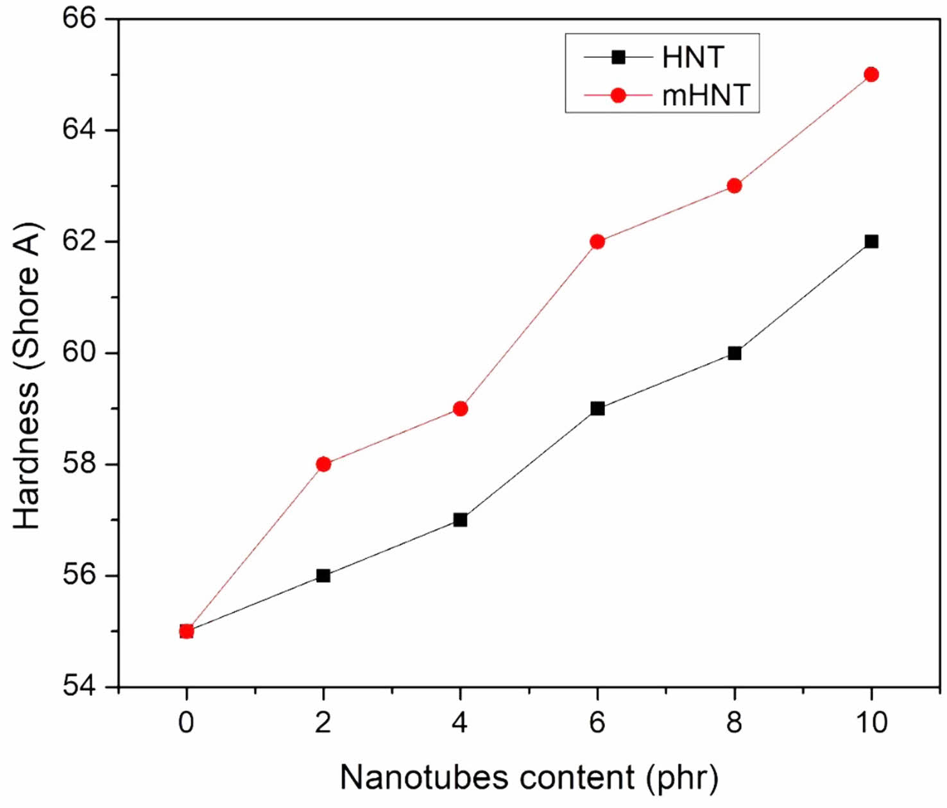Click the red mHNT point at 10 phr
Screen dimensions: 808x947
point(871,74)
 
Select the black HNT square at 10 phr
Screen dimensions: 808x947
point(871,242)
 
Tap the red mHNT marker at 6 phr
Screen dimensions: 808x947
point(597,242)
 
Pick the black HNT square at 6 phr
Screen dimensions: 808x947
point(597,408)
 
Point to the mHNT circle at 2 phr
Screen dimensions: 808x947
point(323,464)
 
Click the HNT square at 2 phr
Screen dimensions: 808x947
point(323,576)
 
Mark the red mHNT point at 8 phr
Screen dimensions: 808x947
point(735,186)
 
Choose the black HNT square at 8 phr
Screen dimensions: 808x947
point(735,353)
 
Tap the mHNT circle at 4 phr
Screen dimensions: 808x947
point(460,408)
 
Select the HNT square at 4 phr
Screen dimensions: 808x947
point(460,520)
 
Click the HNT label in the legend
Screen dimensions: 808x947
point(693,58)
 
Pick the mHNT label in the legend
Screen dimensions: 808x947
point(706,96)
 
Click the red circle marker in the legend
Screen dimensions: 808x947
point(618,96)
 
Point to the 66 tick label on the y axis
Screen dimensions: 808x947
point(79,18)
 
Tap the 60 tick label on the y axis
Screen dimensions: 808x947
point(79,353)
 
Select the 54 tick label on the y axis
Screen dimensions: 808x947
point(79,687)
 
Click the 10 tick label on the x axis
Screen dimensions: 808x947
point(871,723)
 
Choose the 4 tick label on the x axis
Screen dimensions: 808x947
point(460,723)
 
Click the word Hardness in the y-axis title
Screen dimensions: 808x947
point(27,455)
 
